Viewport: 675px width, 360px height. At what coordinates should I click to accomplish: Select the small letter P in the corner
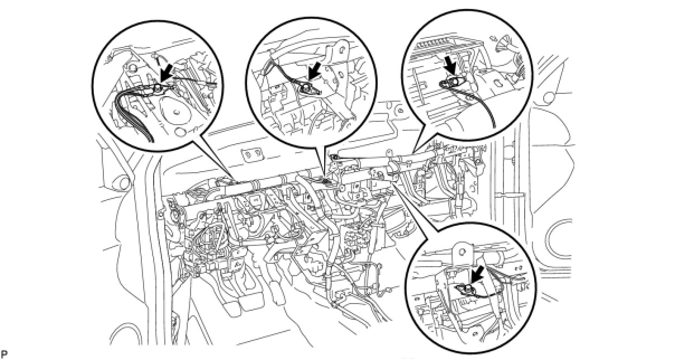click(x=4, y=354)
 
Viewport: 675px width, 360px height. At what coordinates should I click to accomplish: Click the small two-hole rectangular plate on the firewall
click(x=250, y=154)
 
